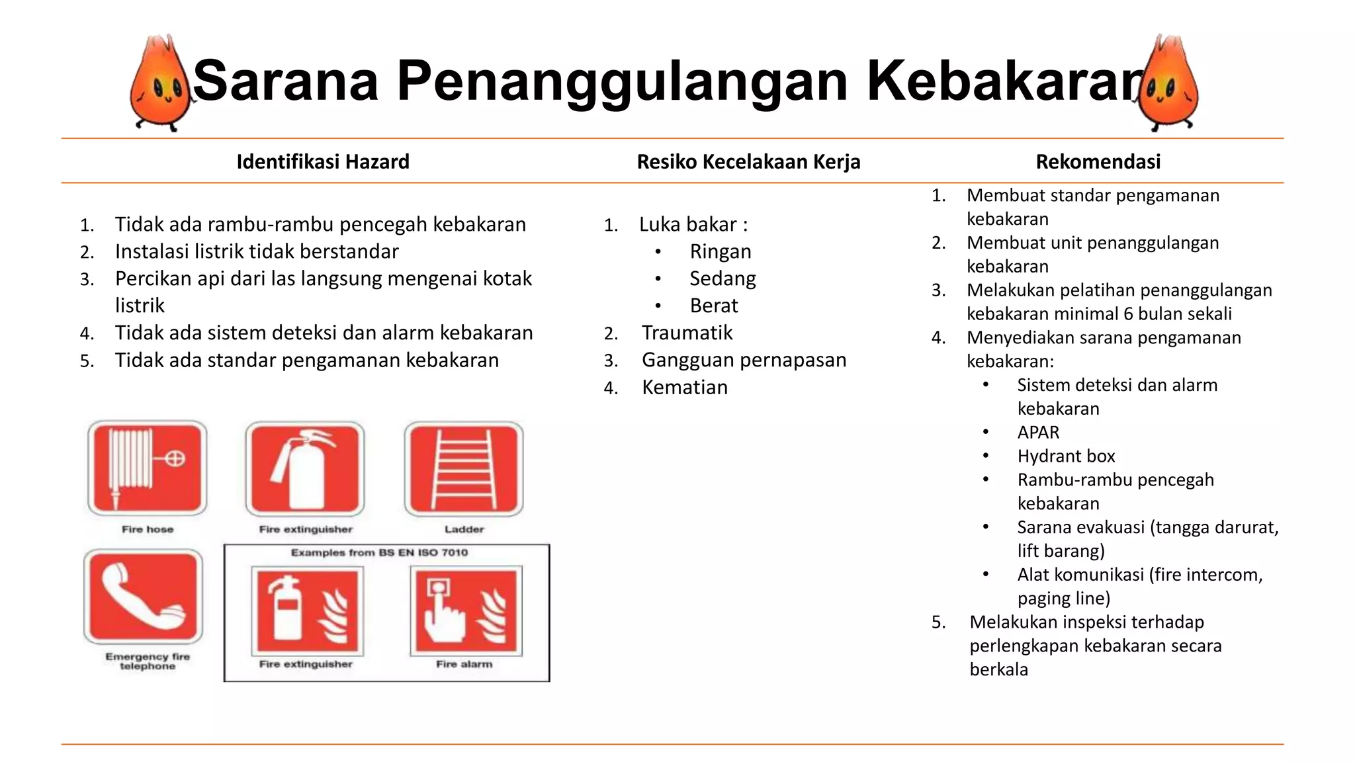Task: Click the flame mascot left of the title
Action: [x=161, y=85]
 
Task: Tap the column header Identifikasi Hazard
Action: [x=323, y=161]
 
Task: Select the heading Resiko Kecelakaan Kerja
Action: [x=748, y=161]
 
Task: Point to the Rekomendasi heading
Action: [x=1098, y=161]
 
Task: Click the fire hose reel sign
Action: [x=147, y=468]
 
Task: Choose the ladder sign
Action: [x=464, y=468]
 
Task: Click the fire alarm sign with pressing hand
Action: [x=466, y=611]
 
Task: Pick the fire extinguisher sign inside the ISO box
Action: [x=307, y=611]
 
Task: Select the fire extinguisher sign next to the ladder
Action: [x=305, y=468]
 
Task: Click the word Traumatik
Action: [x=687, y=333]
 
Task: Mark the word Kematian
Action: [x=684, y=387]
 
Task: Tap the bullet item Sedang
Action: [x=722, y=278]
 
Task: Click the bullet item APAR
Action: [x=1038, y=433]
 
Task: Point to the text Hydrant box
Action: [x=1066, y=456]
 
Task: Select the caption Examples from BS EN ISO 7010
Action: [x=379, y=552]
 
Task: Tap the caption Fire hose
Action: [x=148, y=529]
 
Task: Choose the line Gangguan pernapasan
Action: [x=744, y=360]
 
